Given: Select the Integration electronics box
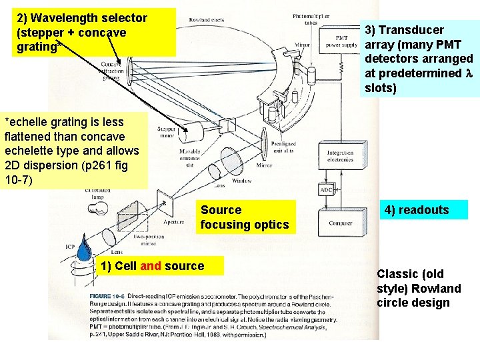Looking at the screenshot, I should pos(340,156).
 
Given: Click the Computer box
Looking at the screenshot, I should pos(340,224).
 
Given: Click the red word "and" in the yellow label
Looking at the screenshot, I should pos(151,266).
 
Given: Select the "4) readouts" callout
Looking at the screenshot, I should pos(425,210).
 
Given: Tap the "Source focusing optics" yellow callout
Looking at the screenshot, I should pos(245,217).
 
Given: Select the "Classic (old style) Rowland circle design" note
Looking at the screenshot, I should pos(419,288).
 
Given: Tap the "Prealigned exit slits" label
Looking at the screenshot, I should pos(284,147).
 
